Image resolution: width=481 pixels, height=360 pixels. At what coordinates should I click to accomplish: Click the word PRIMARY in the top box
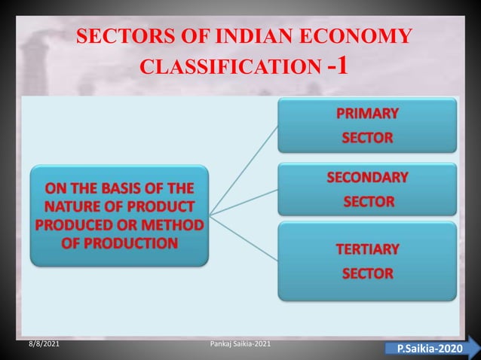coord(367,114)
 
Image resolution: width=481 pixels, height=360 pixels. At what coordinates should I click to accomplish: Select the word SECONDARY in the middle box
coord(367,178)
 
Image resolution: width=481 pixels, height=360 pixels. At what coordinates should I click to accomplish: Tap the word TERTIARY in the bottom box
coord(367,249)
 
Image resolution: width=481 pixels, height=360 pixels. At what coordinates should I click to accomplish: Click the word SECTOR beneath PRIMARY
coord(367,139)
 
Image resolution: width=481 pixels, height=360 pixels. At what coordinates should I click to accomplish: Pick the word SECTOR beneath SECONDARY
coord(368,202)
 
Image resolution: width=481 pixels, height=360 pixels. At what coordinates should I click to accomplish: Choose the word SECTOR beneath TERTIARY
coord(367,273)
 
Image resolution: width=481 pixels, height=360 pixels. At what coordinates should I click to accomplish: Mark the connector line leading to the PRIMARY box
coord(244,170)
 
